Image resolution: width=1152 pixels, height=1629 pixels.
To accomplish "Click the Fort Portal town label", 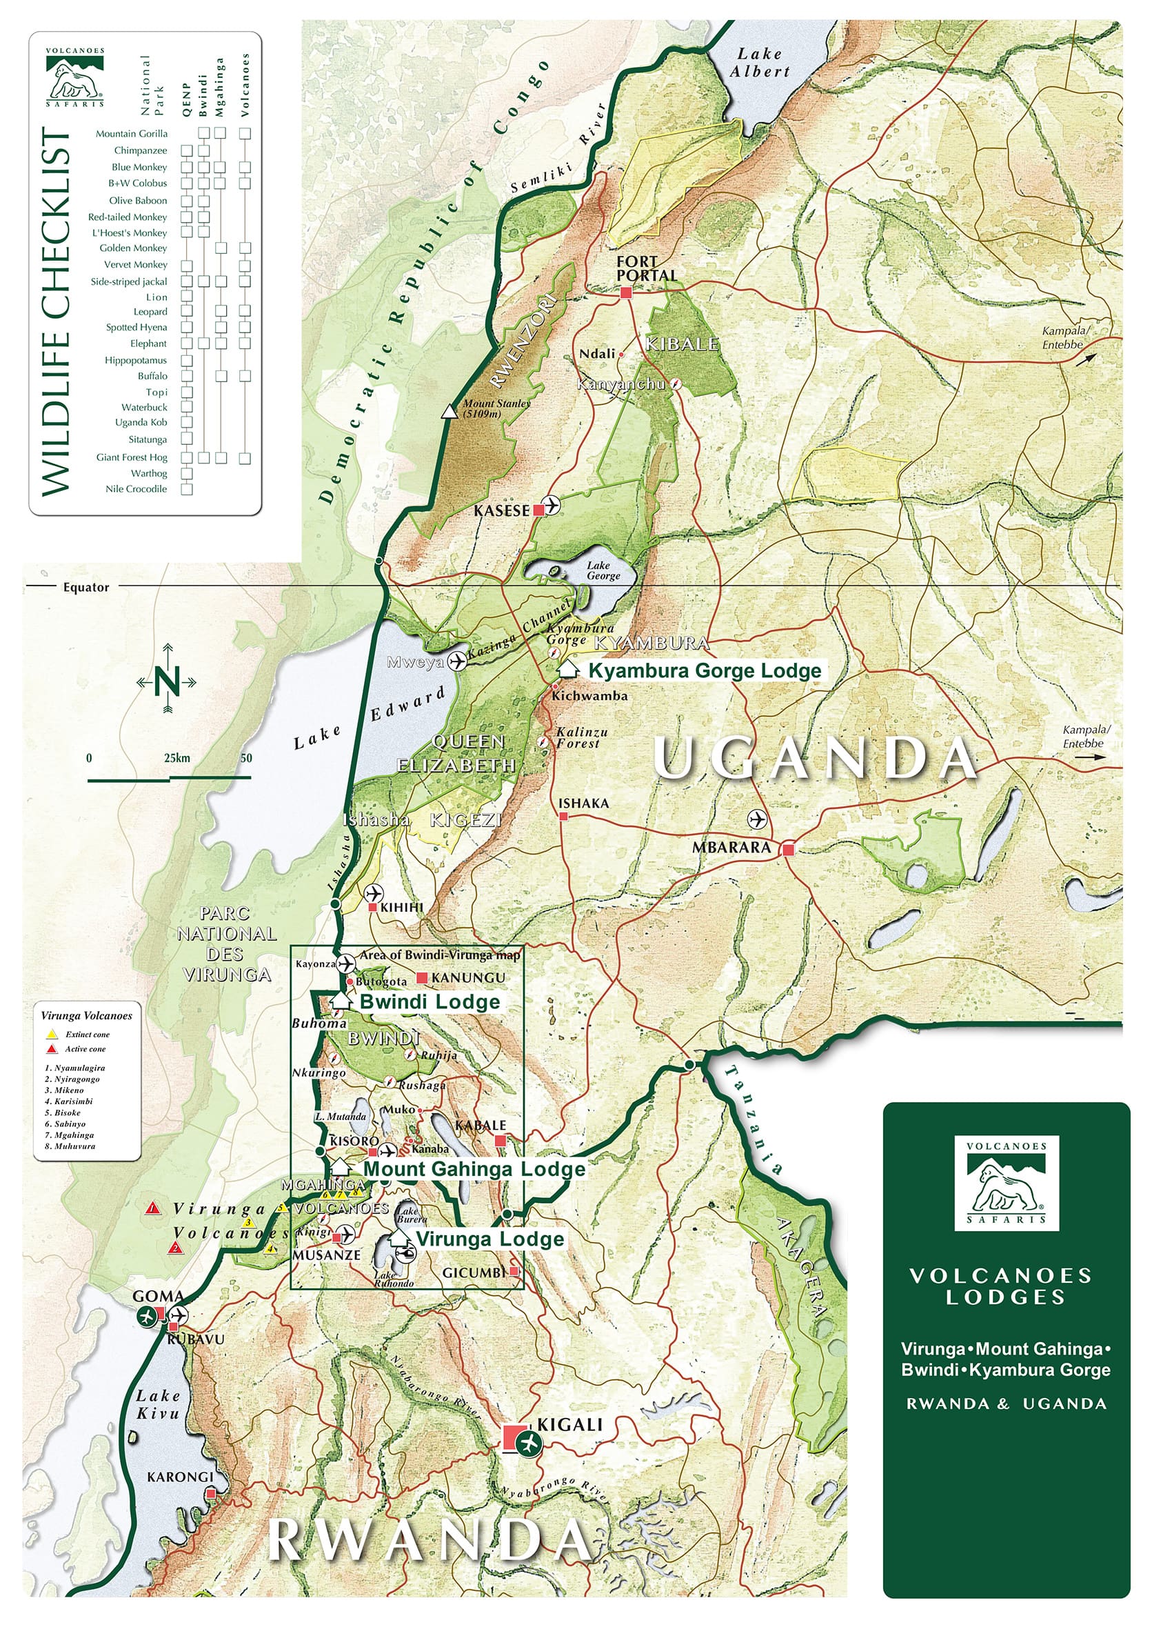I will click(645, 268).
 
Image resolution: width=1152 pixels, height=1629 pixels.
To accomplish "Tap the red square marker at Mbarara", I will click(787, 848).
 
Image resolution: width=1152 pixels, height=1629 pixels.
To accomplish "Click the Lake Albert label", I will click(760, 63).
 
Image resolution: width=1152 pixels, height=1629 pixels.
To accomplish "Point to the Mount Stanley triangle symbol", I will click(448, 412).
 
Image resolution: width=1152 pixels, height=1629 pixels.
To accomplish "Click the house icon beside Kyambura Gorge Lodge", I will click(567, 668).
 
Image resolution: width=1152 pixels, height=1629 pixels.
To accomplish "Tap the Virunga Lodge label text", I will click(490, 1239).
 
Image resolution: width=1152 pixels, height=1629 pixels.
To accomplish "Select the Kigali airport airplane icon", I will click(529, 1442).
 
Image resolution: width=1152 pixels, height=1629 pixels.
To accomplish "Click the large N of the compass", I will click(167, 681).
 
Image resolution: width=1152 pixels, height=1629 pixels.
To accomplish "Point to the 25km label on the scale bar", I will click(176, 758).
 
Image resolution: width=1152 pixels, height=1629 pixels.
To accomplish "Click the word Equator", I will click(86, 588).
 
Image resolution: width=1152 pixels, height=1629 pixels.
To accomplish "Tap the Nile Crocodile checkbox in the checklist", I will click(188, 489).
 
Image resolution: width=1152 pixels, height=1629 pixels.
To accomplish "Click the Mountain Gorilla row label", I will click(131, 133).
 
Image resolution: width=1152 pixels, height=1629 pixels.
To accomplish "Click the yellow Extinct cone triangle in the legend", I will click(52, 1034).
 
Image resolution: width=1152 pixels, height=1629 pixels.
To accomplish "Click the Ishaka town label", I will click(583, 803).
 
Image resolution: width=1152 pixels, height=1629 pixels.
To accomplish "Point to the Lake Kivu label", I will click(158, 1404).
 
